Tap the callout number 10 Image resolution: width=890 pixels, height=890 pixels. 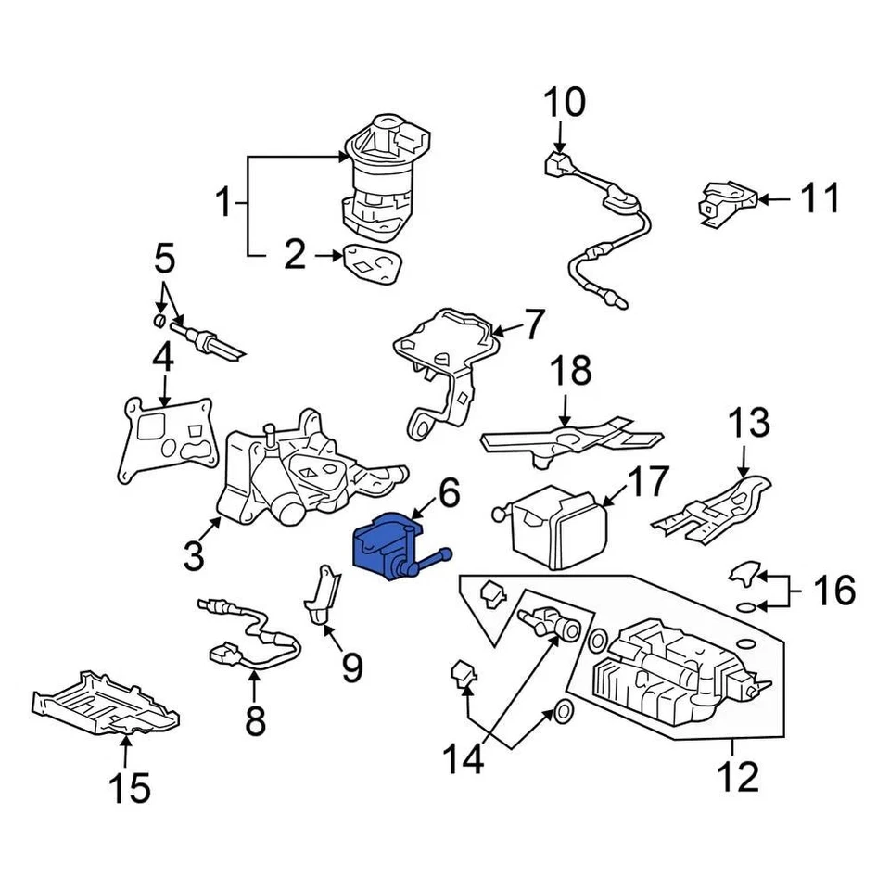pyautogui.click(x=564, y=102)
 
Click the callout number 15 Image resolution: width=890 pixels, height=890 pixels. pyautogui.click(x=128, y=788)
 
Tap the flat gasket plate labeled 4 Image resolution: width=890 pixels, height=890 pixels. pyautogui.click(x=167, y=436)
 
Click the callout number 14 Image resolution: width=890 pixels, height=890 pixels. pyautogui.click(x=463, y=760)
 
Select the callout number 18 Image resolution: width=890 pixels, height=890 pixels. pyautogui.click(x=572, y=371)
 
